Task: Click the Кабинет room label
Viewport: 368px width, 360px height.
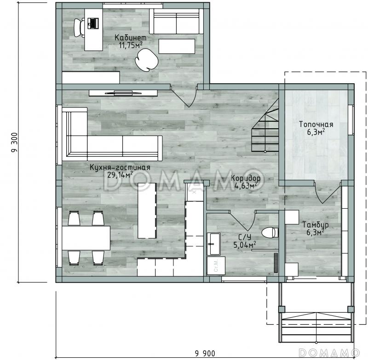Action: coord(131,38)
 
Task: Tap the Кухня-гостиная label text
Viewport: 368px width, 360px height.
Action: coord(120,167)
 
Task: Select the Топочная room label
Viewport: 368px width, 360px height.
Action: coord(316,124)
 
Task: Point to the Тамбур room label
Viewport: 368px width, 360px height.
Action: coord(315,225)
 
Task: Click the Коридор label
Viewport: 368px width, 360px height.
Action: coord(246,178)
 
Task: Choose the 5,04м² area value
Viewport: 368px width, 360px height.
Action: coord(244,245)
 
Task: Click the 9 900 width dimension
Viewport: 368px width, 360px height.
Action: coord(205,353)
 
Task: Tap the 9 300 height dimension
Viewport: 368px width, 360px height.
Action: coord(15,143)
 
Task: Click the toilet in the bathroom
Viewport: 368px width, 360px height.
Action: coord(270,233)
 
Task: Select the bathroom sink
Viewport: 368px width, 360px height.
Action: coord(213,244)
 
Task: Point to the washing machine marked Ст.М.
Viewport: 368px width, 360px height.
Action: coord(216,266)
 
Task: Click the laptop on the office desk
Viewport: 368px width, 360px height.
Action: coord(93,23)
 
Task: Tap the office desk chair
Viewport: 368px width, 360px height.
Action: coord(79,28)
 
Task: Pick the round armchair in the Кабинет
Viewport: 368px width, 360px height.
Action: coord(146,60)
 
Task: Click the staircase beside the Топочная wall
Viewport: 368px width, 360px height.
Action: coord(265,129)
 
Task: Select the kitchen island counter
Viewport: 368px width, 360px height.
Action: coord(147,211)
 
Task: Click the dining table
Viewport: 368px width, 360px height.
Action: coord(86,238)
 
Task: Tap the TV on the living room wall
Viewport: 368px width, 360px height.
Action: coord(123,93)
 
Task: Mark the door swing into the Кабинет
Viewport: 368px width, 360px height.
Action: coord(184,96)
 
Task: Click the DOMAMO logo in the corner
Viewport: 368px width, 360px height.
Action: coord(329,352)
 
